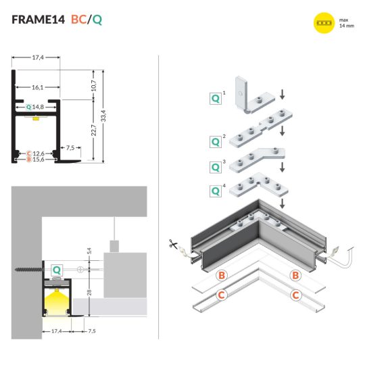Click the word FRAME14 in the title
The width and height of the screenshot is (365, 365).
click(39, 20)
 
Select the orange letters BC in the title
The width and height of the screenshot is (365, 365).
click(80, 20)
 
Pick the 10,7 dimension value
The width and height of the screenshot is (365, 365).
click(93, 83)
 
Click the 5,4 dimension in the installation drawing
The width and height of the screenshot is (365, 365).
click(88, 250)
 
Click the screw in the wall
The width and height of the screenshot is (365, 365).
click(26, 269)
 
